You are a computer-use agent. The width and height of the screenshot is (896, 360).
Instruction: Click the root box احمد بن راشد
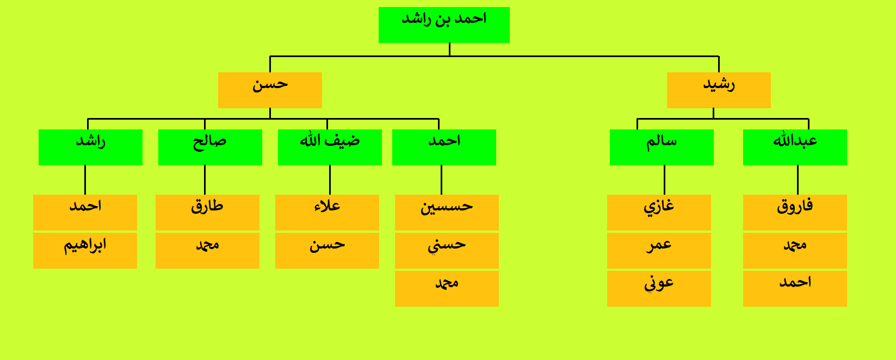pyautogui.click(x=444, y=25)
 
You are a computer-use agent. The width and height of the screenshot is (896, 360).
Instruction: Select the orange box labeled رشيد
pyautogui.click(x=719, y=90)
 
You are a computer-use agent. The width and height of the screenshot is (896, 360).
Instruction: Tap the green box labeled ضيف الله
pyautogui.click(x=330, y=147)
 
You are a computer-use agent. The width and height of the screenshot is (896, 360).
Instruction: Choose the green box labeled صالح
pyautogui.click(x=211, y=147)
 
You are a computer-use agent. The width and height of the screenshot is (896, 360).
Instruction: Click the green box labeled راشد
pyautogui.click(x=90, y=147)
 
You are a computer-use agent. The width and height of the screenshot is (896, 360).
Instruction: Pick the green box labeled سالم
pyautogui.click(x=662, y=147)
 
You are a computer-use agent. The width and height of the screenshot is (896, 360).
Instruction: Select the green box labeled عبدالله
pyautogui.click(x=795, y=147)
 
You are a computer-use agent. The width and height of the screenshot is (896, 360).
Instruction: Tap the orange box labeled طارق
pyautogui.click(x=208, y=213)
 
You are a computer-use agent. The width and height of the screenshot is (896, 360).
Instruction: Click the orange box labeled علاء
pyautogui.click(x=327, y=213)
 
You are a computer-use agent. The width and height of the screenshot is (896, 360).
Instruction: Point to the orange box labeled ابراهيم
pyautogui.click(x=85, y=250)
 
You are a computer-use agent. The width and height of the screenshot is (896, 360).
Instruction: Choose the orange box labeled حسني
pyautogui.click(x=447, y=250)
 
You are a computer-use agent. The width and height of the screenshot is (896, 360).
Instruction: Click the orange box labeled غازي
pyautogui.click(x=659, y=213)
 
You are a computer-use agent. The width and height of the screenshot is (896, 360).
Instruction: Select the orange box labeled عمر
pyautogui.click(x=659, y=250)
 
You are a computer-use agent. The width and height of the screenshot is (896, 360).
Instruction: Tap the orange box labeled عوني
pyautogui.click(x=659, y=289)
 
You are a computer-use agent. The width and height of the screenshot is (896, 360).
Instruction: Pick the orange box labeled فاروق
pyautogui.click(x=795, y=213)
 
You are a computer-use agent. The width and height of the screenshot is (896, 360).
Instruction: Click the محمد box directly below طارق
pyautogui.click(x=208, y=250)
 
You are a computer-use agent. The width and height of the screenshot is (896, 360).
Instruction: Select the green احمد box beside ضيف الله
pyautogui.click(x=444, y=147)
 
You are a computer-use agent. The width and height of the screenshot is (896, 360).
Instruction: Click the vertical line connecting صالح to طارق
pyautogui.click(x=205, y=180)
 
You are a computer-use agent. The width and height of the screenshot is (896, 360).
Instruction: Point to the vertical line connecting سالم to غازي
pyautogui.click(x=664, y=180)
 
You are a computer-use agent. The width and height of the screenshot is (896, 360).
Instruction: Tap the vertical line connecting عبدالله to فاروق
pyautogui.click(x=798, y=180)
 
